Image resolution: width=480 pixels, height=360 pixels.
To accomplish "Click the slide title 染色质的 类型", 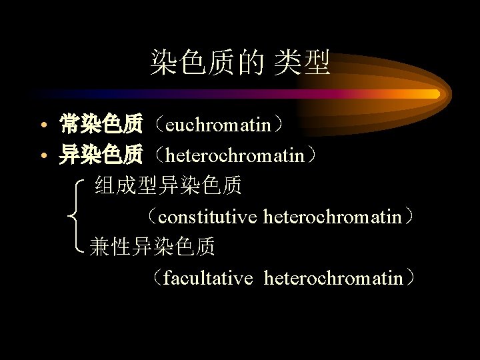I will (240, 63).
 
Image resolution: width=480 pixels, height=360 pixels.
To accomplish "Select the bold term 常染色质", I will (101, 123).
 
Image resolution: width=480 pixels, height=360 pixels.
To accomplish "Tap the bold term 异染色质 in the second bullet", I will (101, 155).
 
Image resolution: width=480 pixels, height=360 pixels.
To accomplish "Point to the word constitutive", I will (209, 217).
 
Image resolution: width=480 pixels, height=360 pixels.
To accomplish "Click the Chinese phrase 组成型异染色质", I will (168, 185).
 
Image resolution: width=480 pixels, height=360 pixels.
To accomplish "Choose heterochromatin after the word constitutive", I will (333, 217).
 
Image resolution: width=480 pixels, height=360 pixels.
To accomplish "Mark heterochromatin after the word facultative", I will (333, 277).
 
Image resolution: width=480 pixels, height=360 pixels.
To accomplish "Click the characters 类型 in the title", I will (308, 63).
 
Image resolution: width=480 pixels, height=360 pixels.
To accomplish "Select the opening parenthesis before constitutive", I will (151, 217).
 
